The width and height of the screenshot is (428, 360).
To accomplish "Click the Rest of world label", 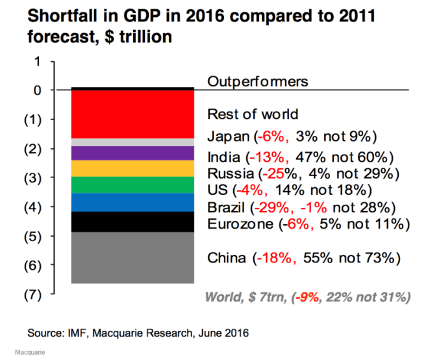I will pos(252,114).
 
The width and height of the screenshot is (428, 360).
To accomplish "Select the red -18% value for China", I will pos(265,258).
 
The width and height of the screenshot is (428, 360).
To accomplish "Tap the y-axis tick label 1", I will pos(37,61).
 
